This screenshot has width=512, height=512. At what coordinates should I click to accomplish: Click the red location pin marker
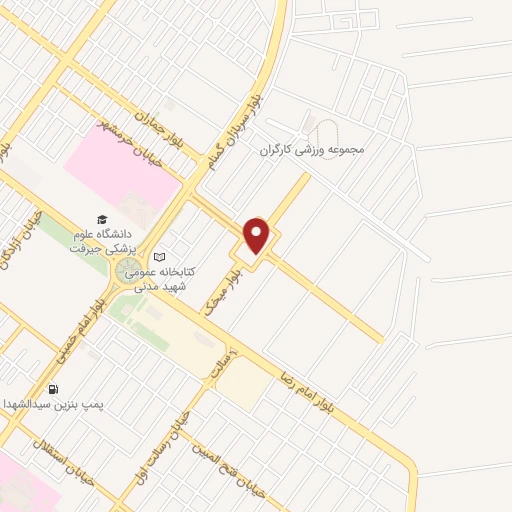tap(257, 237)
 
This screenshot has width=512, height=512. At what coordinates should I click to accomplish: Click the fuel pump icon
tap(53, 389)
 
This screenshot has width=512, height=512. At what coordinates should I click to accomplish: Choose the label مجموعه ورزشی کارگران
tap(314, 150)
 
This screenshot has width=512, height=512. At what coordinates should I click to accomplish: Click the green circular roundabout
tap(129, 271)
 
